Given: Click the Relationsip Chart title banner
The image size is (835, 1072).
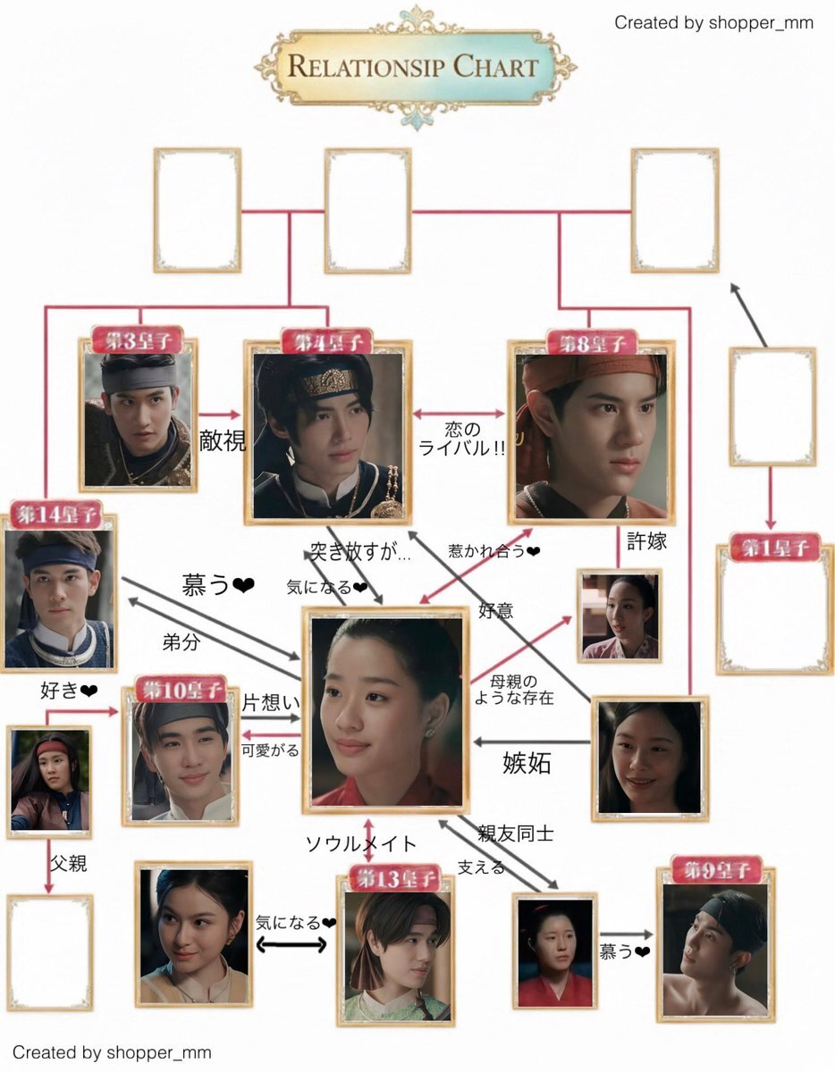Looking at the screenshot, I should click(x=416, y=66).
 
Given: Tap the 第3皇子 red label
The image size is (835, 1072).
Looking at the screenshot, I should click(x=138, y=339).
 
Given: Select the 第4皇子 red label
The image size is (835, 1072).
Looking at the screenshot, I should click(x=326, y=340).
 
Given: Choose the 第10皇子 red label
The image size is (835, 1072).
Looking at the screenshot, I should click(x=180, y=688).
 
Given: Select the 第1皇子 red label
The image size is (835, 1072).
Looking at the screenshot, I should click(x=774, y=546).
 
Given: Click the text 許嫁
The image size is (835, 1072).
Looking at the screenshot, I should click(x=646, y=541).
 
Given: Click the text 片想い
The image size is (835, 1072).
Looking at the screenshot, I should click(x=271, y=703).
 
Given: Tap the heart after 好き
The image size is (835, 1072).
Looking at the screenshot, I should click(x=89, y=690).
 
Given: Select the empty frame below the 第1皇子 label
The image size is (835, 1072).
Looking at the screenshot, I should click(x=774, y=611).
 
